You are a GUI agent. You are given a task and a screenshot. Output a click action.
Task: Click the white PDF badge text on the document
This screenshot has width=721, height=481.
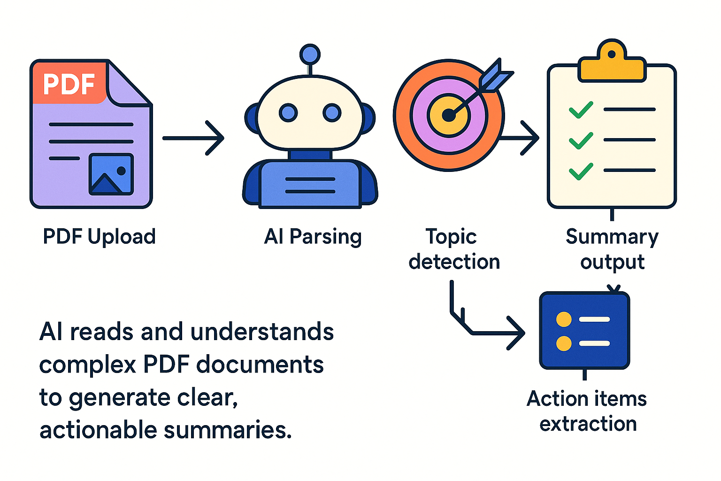69,85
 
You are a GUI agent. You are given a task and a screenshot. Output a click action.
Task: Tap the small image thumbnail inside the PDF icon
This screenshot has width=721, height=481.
111,174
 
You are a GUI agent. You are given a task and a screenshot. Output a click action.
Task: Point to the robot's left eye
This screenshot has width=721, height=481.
288,113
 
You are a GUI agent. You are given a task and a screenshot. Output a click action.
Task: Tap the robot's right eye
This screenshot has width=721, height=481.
332,113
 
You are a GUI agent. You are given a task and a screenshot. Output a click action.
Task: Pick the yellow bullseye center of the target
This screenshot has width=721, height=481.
448,115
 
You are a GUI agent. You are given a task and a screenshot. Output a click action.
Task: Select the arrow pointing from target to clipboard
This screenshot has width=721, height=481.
521,138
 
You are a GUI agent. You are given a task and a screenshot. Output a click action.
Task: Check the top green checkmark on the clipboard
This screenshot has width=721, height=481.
581,110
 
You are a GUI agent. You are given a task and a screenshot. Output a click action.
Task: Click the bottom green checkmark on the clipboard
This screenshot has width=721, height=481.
581,171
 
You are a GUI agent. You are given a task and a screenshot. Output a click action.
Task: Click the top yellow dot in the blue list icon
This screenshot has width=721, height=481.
564,319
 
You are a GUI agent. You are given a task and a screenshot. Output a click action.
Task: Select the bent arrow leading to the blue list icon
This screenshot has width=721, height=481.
488,333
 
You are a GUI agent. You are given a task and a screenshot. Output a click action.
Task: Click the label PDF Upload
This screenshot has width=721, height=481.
99,236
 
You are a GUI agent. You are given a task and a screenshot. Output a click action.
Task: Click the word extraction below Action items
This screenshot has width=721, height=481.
588,424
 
